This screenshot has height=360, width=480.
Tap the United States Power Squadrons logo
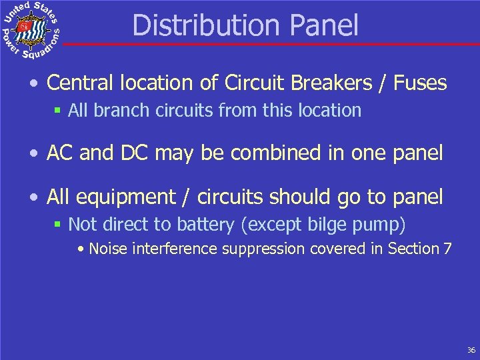click(31, 30)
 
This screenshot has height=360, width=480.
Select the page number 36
click(471, 350)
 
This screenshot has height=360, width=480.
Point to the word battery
click(207, 225)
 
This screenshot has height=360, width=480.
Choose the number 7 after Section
click(447, 249)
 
